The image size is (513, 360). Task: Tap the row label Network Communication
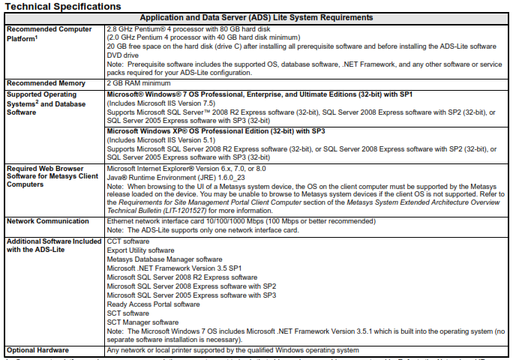tap(46, 221)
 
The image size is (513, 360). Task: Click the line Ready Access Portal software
tap(153, 304)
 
